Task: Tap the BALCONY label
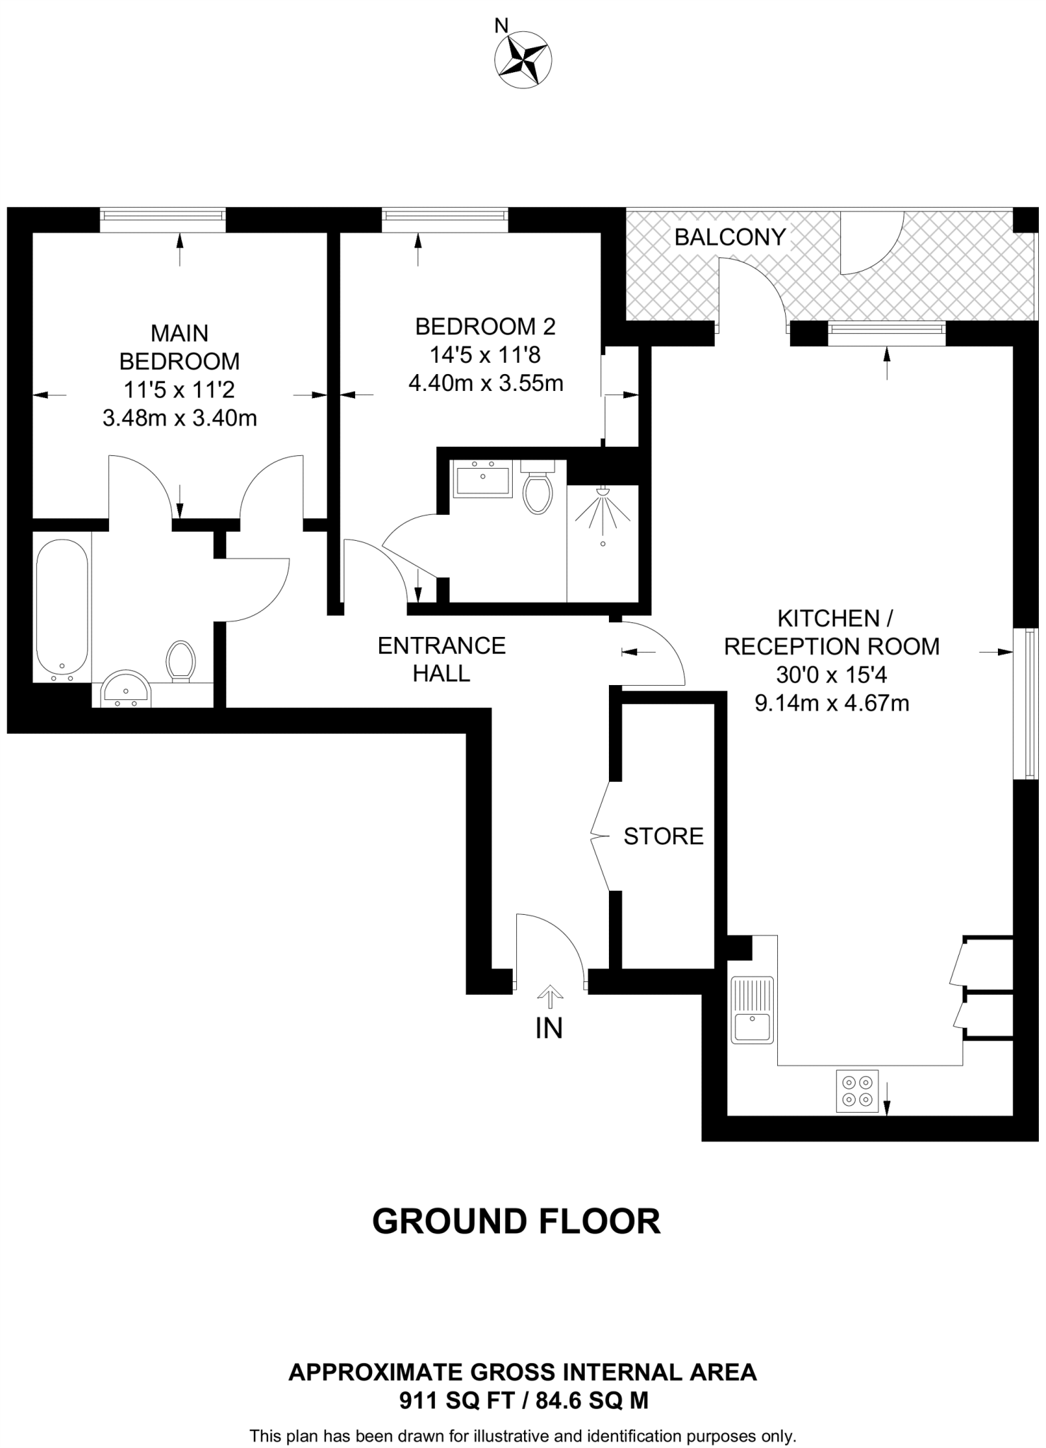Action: coord(730,237)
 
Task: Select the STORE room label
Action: coord(663,836)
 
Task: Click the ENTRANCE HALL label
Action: coord(441,659)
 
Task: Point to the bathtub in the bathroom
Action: coord(62,608)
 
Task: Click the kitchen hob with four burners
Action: coord(857,1091)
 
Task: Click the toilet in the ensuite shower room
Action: coord(537,488)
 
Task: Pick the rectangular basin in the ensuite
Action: coord(483,480)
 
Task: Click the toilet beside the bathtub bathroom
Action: coord(180,661)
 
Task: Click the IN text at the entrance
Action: coord(549,1029)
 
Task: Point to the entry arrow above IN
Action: coord(550,996)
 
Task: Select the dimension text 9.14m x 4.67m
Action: coord(832,703)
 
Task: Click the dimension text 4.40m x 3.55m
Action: coord(486,383)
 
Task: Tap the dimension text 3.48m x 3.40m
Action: coord(180,419)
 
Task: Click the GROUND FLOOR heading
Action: coord(516,1222)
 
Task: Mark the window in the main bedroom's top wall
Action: coord(163,220)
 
